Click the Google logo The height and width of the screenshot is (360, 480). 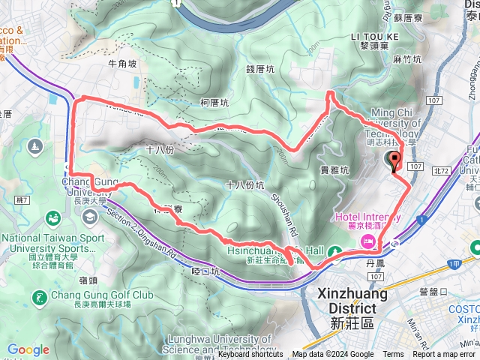point(28,350)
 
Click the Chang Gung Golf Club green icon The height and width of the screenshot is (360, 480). point(37,298)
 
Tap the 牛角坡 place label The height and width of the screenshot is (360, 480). point(123,64)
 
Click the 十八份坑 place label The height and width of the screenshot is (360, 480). point(244,184)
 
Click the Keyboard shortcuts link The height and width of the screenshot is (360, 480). point(250,355)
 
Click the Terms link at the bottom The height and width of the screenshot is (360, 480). point(393,355)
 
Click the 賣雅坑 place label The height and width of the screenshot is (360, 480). point(334,170)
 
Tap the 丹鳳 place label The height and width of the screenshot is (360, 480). point(375,263)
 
